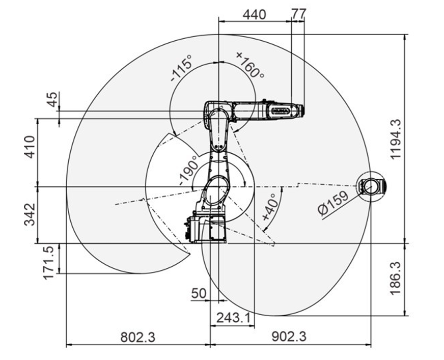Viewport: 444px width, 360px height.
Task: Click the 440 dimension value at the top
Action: [254, 14]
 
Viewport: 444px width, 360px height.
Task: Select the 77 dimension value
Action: [298, 14]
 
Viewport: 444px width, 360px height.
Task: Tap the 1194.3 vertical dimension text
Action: [395, 139]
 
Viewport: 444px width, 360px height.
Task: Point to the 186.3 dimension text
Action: [395, 278]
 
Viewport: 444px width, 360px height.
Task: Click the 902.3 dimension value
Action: [289, 337]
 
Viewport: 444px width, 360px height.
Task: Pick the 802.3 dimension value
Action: [138, 337]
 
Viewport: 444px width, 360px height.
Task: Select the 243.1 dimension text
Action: [234, 318]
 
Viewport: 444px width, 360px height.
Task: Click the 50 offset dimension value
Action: [199, 293]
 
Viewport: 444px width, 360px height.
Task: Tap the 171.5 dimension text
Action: [48, 263]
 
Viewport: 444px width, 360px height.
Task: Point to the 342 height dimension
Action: [30, 214]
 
